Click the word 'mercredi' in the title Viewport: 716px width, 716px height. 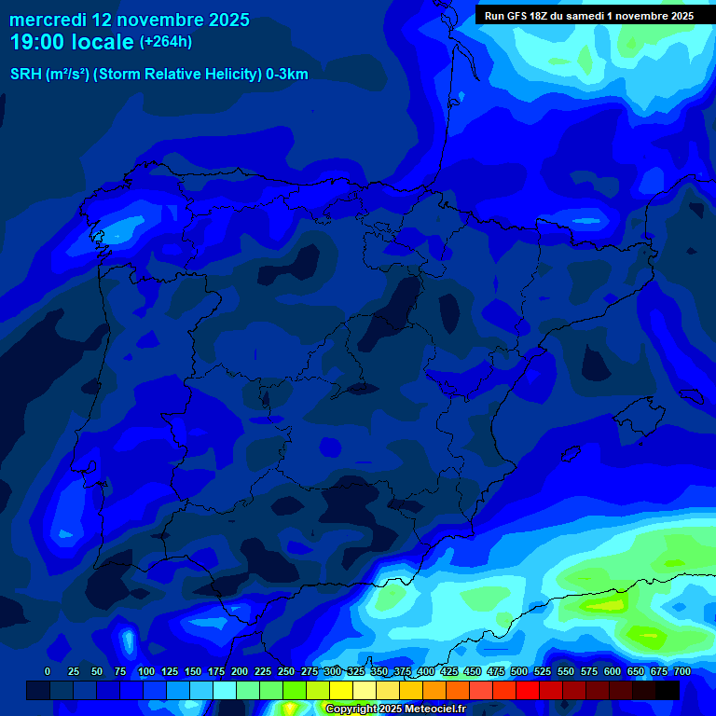point(48,20)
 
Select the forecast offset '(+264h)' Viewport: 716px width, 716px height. point(165,42)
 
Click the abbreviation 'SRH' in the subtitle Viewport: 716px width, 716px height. point(25,75)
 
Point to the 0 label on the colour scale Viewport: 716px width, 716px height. point(48,671)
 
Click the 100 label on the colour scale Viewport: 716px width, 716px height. point(146,671)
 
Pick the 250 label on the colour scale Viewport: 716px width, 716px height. point(286,671)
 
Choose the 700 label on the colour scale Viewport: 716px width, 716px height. point(682,671)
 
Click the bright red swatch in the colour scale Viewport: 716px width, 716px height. point(528,690)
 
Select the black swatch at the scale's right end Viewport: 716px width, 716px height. point(668,690)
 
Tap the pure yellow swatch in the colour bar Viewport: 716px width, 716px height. point(341,690)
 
